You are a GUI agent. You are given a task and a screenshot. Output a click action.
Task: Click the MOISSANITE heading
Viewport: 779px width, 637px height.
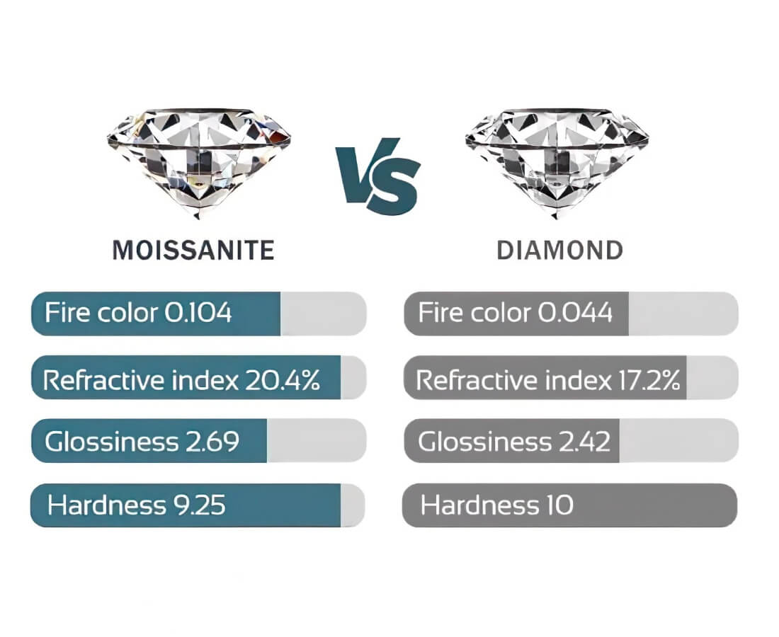[x=193, y=250]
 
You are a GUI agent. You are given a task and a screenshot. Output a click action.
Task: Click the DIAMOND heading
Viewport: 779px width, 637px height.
[x=560, y=250]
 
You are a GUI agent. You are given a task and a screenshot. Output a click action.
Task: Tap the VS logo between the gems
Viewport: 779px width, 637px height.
[x=378, y=176]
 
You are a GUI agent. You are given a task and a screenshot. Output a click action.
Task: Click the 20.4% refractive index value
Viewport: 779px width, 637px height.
[x=283, y=380]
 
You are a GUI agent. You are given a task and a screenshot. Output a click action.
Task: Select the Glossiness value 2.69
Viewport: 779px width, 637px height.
[x=212, y=442]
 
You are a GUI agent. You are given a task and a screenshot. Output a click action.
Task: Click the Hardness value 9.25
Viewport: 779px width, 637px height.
[x=199, y=505]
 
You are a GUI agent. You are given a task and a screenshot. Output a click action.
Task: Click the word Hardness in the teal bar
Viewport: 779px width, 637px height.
[x=107, y=505]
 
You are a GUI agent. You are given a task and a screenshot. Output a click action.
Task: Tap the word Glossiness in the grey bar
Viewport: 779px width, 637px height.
[x=484, y=442]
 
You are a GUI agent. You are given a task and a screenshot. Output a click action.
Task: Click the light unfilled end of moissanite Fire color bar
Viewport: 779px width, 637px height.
[x=324, y=314]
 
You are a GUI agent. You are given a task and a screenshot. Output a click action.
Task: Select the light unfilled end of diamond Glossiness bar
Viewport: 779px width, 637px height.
[x=678, y=441]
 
